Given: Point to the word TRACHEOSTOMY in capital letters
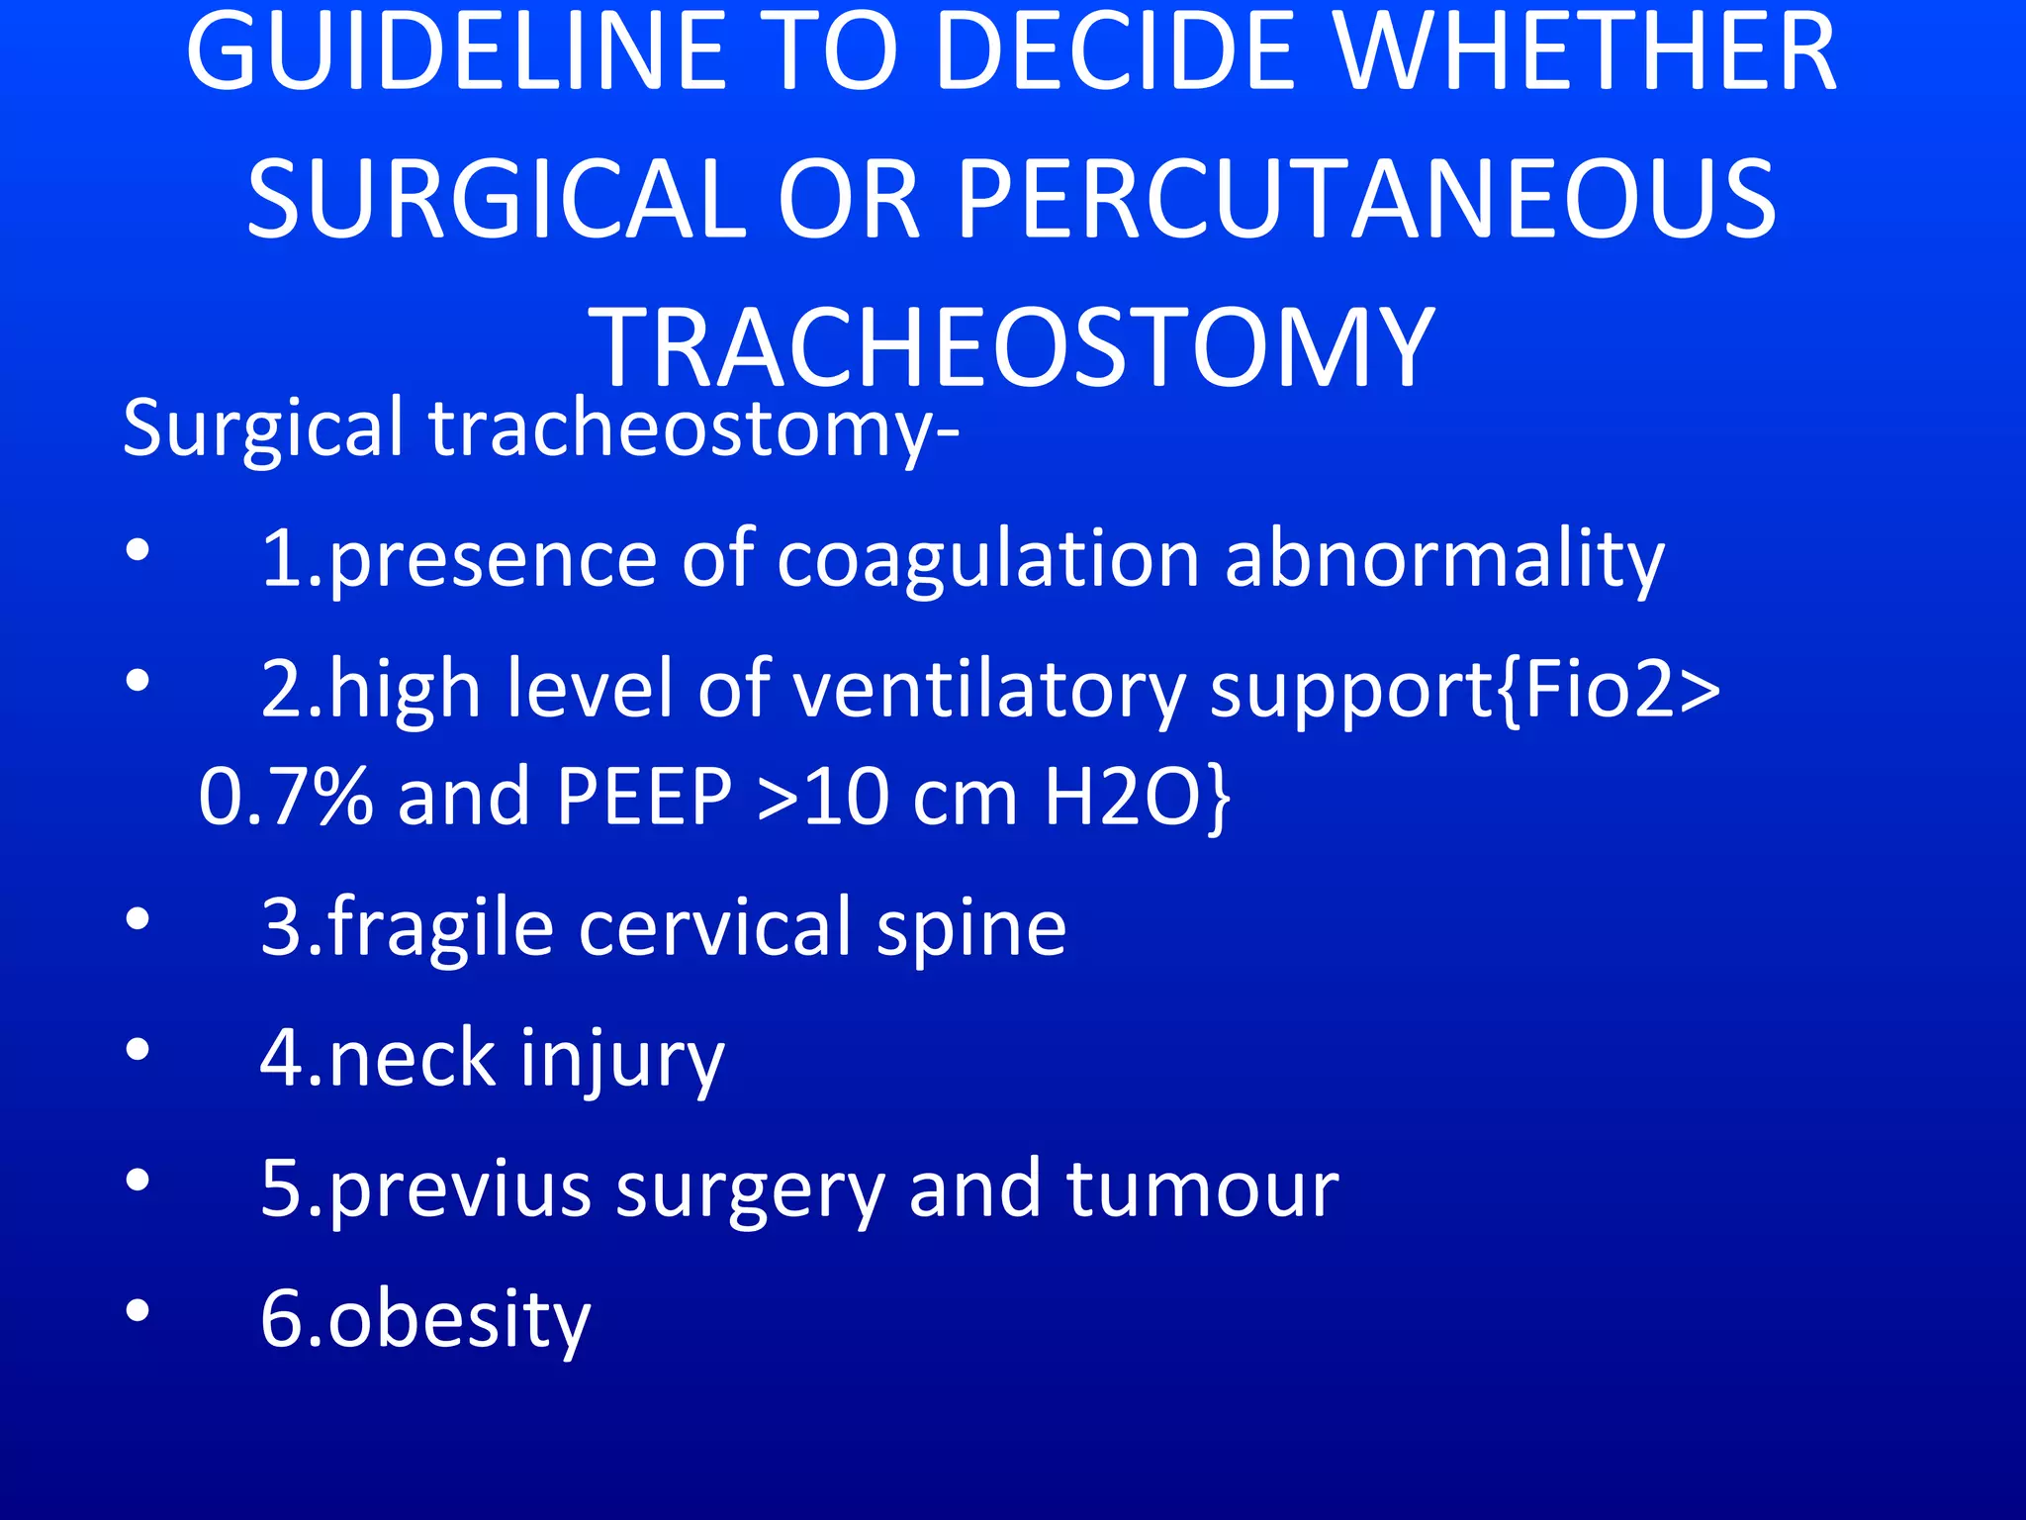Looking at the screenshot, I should tap(1011, 348).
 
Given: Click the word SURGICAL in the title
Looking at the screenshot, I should tap(495, 200).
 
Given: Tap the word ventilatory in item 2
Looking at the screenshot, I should tap(989, 690).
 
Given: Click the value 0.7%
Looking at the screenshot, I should tap(285, 797).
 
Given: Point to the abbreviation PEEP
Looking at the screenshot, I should tap(643, 797).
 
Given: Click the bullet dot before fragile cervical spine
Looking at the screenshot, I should tap(138, 919).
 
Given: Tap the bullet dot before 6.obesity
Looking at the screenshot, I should tap(138, 1310).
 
